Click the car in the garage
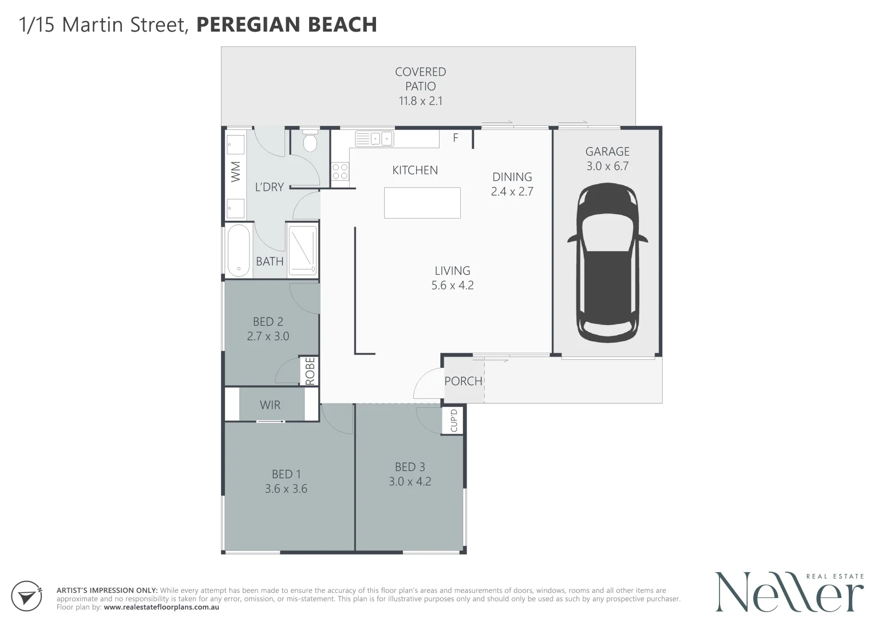[x=607, y=263]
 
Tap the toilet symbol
[x=310, y=141]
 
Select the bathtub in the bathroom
[x=239, y=251]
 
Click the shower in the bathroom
[x=302, y=251]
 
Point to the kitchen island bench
[x=422, y=203]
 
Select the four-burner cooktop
[x=340, y=171]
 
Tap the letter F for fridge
[x=456, y=138]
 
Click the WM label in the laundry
[x=236, y=172]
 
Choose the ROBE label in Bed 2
[x=310, y=371]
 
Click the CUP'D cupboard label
[x=454, y=421]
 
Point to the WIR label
[x=270, y=405]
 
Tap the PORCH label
[x=463, y=381]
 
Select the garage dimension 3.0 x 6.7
[x=607, y=166]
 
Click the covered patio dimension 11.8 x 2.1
[x=421, y=101]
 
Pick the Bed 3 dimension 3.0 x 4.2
[x=410, y=481]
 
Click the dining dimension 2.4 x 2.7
[x=512, y=191]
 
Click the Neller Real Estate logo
[x=789, y=592]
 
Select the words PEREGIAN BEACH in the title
[x=287, y=25]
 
